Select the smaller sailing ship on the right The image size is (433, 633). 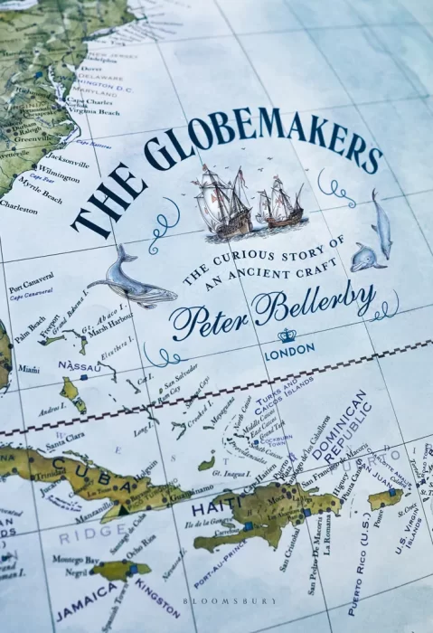281,203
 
